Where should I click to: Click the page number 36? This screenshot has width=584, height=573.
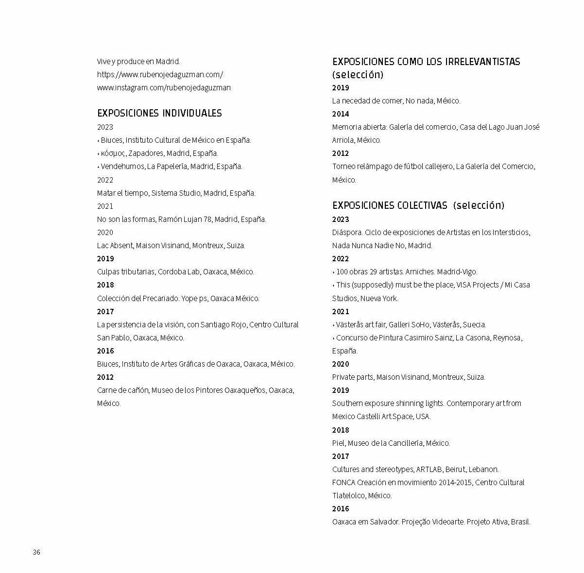click(36, 552)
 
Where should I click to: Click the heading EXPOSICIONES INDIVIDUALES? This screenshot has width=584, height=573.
click(159, 113)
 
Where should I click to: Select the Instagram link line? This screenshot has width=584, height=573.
click(164, 87)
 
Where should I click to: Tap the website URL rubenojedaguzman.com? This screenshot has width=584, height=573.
click(160, 74)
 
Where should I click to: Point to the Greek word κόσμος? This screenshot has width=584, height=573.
click(114, 153)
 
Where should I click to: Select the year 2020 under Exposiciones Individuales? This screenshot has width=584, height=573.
click(105, 232)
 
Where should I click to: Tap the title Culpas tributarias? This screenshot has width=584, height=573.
click(126, 271)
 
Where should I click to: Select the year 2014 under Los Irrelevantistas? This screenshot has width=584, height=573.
click(341, 114)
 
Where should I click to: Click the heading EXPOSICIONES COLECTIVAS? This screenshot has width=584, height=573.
click(390, 205)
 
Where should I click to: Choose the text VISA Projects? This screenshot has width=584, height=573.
click(477, 285)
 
